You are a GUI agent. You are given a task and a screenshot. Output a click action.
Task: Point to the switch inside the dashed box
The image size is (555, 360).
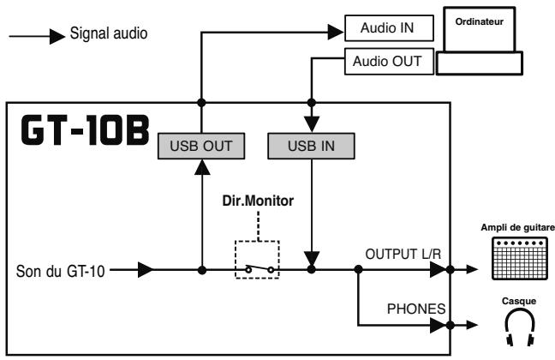258,268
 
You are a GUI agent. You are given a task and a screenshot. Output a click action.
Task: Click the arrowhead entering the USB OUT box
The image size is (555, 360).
202,168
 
